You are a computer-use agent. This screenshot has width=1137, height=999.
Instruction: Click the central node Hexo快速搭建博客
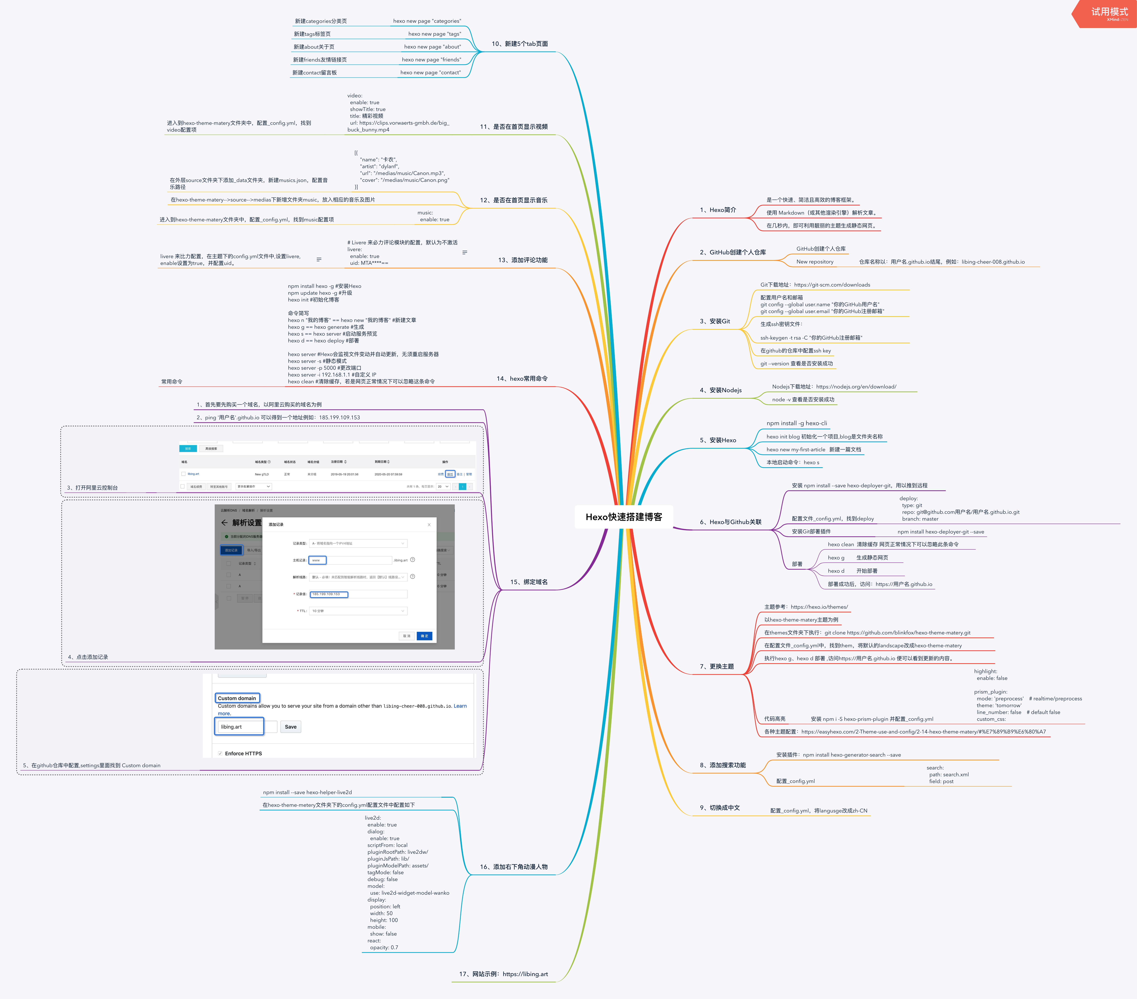(624, 517)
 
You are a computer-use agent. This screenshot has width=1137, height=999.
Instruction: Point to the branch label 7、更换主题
(716, 666)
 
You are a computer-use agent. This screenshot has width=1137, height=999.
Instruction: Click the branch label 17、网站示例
(503, 974)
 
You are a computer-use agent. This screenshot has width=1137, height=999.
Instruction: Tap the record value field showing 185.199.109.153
(329, 594)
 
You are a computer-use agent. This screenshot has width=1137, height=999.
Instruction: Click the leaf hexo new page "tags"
(434, 34)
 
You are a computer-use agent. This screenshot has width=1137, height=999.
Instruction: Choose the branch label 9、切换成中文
(720, 808)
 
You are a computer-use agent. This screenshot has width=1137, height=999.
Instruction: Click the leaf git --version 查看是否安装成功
(797, 364)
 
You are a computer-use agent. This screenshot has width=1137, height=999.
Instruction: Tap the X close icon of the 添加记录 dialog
(429, 525)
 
